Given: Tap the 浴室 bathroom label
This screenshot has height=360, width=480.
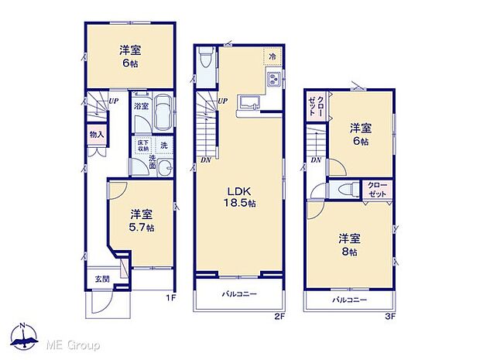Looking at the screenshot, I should pos(140,106).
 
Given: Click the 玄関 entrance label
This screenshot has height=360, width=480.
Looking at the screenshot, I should pos(102,279).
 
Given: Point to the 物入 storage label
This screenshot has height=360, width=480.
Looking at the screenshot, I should pos(96,135).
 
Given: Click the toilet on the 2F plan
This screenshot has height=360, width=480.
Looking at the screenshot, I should pos(204,61).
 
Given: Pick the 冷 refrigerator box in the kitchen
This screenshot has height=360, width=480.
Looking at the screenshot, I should pos(273,57).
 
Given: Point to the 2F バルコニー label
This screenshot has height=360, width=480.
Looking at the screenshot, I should pos(240,294).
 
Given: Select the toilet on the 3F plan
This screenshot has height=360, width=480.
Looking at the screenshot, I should pos(347,189).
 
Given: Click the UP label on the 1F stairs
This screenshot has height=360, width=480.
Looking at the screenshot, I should pos(113,101).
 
